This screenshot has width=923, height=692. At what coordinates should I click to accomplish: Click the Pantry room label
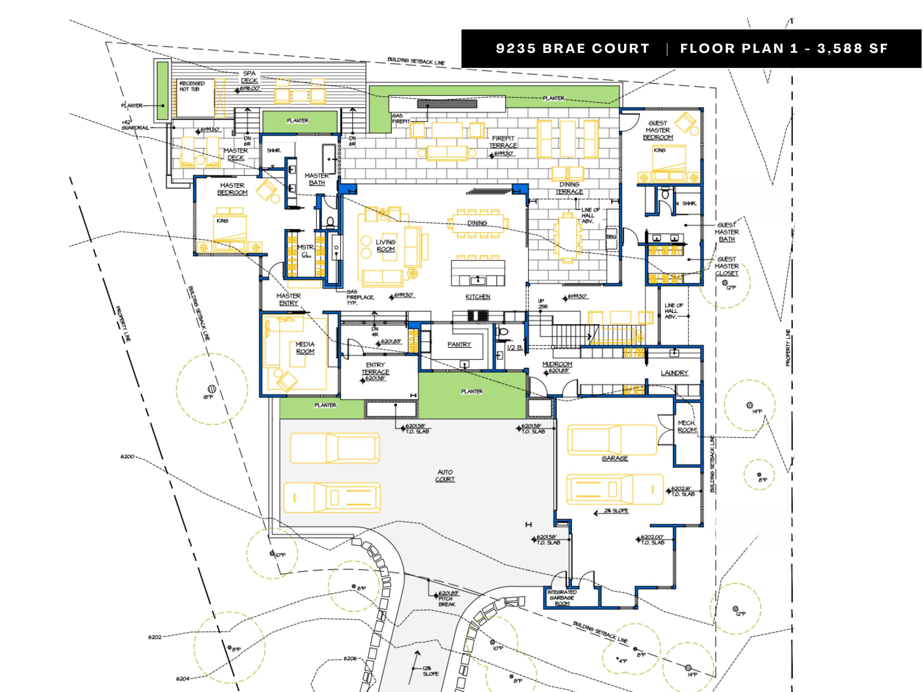coord(459,344)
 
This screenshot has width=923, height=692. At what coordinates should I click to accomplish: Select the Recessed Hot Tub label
coord(192,86)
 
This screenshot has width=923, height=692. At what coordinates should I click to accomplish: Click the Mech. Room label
coord(687,426)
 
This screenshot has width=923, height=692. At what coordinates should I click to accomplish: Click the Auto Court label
coord(445,475)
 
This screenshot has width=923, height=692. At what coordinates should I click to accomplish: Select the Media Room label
coord(305,348)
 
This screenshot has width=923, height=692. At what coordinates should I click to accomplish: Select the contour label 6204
coord(182,679)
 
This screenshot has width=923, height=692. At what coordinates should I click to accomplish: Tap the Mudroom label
coord(557,364)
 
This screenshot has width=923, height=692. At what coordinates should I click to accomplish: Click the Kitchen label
coord(478,296)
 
